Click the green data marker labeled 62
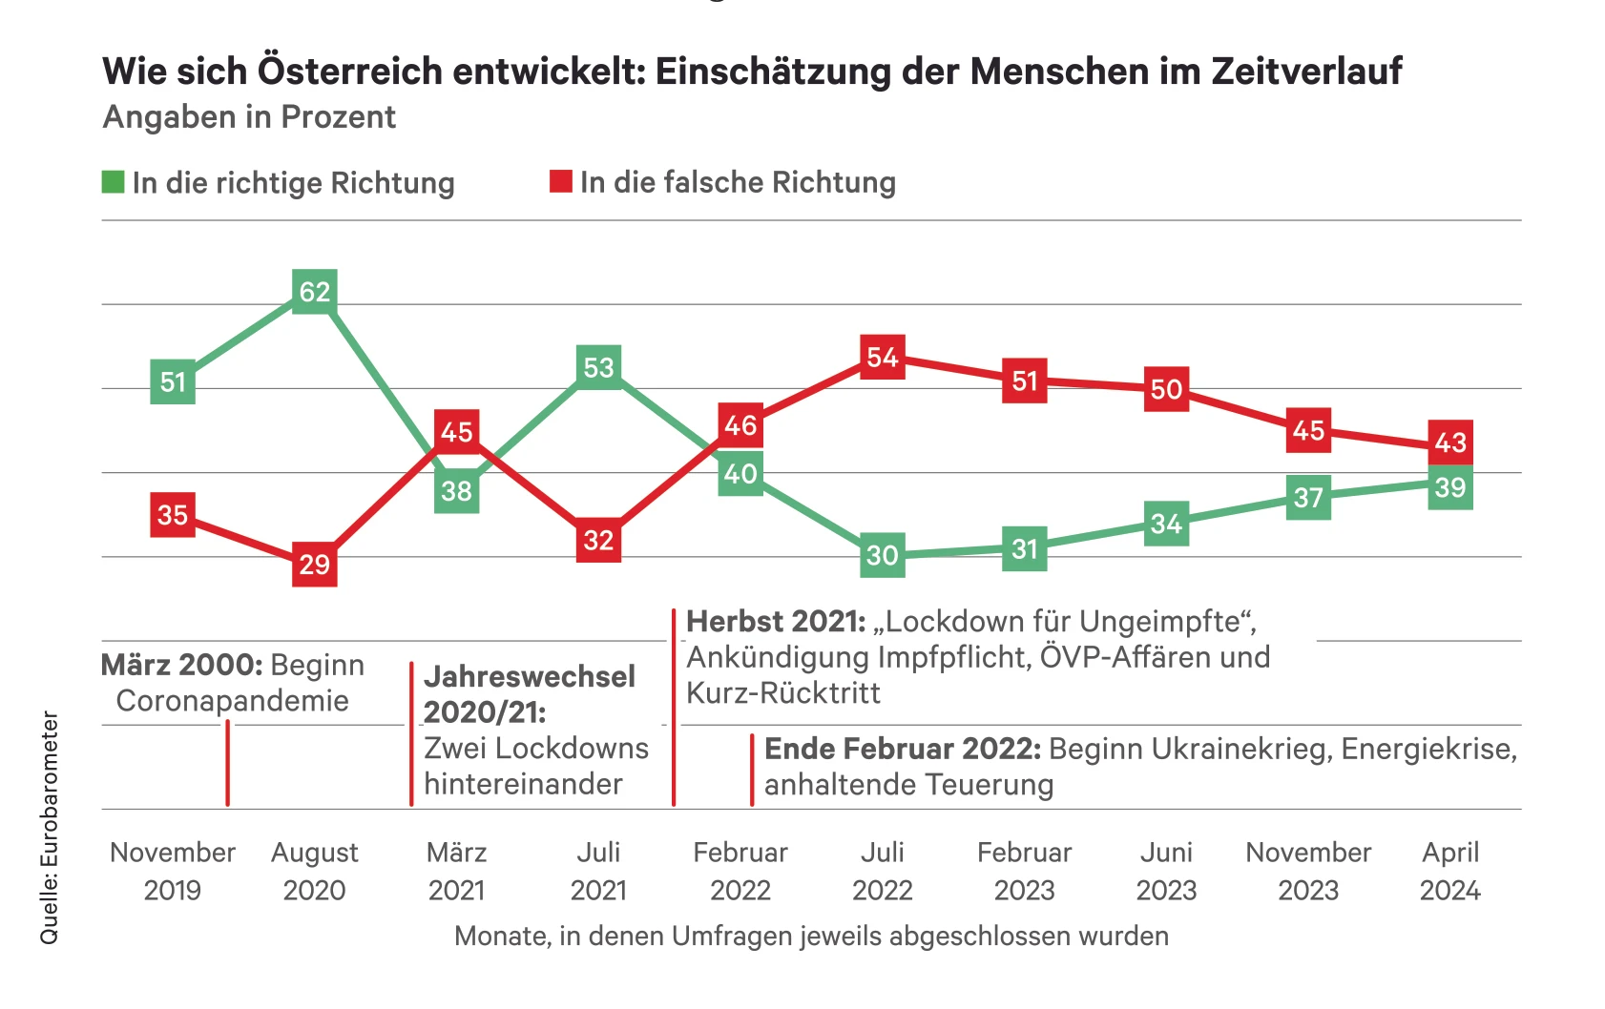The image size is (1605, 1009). coord(315,291)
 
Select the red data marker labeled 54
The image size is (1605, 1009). coord(883,358)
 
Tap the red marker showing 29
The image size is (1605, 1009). coord(315,565)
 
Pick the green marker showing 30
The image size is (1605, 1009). coord(883,555)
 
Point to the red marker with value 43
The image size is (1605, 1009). coord(1450,443)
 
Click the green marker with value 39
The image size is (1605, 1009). coord(1450,487)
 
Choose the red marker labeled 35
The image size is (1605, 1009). coord(173,515)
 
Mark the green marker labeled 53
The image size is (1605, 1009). coord(598,367)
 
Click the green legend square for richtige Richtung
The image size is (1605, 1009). coord(114,181)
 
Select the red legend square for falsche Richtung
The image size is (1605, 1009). coord(561,181)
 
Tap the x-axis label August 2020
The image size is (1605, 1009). coord(315,871)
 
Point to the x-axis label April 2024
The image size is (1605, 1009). coord(1450,871)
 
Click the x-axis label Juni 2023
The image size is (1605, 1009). coord(1166,871)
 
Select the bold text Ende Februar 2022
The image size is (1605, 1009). coord(902,749)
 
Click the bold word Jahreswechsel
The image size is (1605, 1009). coord(530,676)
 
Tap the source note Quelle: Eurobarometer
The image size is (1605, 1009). coord(49,828)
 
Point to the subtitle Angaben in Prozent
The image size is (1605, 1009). coord(249,117)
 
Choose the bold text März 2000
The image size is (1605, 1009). coord(181,665)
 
